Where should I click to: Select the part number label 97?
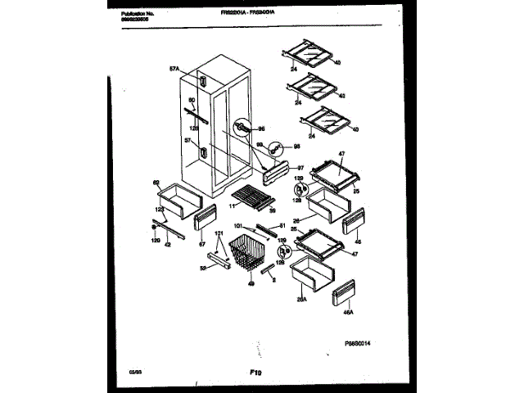[x=300, y=168]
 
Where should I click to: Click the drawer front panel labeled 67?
[x=205, y=219]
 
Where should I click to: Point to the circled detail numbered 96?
[x=243, y=129]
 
